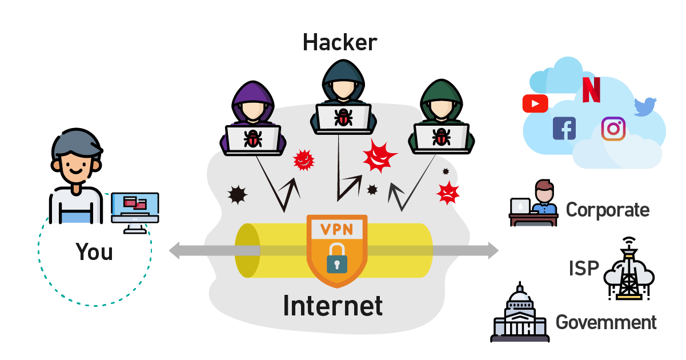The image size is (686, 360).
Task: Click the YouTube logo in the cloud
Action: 535,103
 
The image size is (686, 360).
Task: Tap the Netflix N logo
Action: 591,90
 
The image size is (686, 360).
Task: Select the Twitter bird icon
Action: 645,107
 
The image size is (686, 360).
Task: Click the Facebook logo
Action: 564,128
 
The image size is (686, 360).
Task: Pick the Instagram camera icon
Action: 613,129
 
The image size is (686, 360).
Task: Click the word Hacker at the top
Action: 340,42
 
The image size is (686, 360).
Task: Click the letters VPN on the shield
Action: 336,230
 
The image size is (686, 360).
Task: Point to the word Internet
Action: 333,305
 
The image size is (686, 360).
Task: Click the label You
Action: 94,251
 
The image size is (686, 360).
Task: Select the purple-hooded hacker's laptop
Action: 252,139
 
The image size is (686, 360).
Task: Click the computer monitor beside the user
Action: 135,209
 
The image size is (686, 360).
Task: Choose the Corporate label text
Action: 607,210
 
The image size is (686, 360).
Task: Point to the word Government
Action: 606,322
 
